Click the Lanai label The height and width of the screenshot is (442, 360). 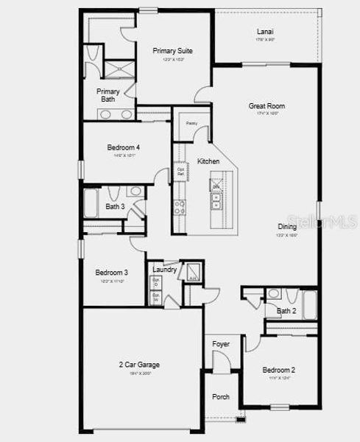(266, 32)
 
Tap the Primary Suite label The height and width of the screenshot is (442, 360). (173, 51)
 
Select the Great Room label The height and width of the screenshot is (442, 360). (267, 106)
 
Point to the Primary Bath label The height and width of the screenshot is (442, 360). (107, 95)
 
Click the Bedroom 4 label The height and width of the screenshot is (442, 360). (122, 147)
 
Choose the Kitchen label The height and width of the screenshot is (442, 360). (208, 161)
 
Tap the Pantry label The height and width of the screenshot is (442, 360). (191, 124)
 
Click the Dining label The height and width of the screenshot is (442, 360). (287, 227)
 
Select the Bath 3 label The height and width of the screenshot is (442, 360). (114, 207)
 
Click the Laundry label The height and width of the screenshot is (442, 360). (165, 270)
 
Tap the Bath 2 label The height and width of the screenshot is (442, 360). (286, 312)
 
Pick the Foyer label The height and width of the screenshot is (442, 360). (221, 344)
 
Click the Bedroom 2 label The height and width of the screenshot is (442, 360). (279, 370)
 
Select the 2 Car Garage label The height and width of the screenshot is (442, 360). (139, 365)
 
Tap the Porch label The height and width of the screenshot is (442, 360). (221, 396)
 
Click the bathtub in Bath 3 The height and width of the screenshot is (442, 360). (91, 203)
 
